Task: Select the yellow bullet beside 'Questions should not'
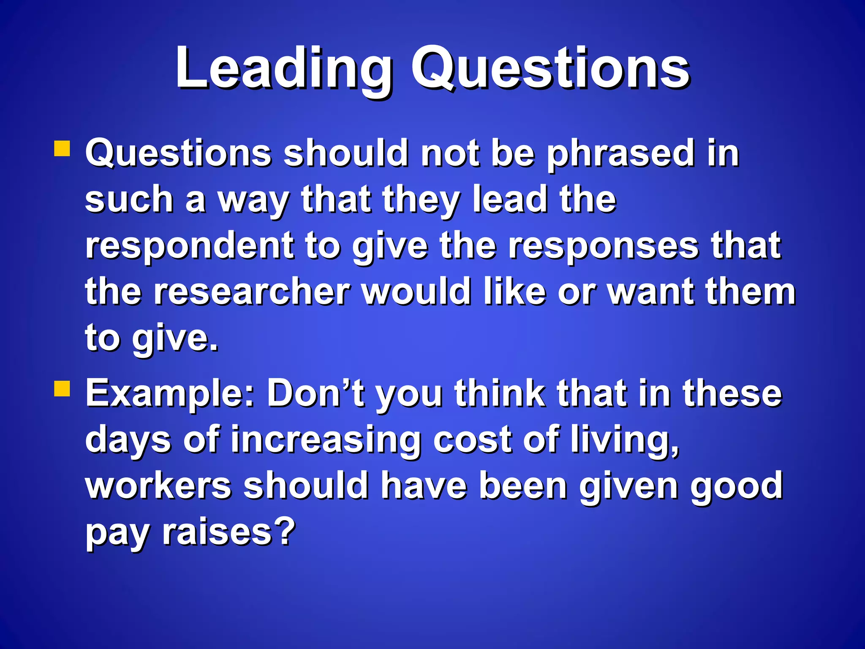coord(62,149)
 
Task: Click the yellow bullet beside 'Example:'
coord(62,389)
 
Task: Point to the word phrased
coord(621,154)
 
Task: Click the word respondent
coord(190,247)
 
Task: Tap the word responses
coord(603,247)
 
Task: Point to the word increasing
coord(326,440)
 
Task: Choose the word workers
coord(158,486)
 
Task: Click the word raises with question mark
coord(228,532)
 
